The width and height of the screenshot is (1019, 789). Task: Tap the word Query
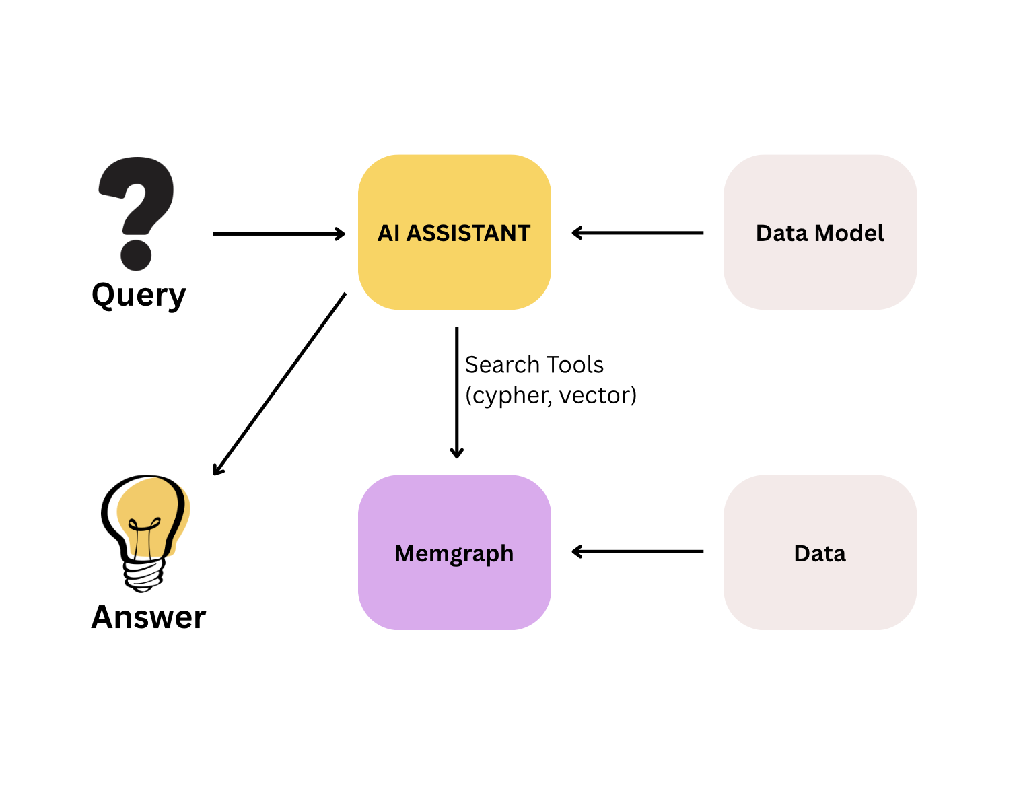[139, 295]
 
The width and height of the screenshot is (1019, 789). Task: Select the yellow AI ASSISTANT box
[454, 269]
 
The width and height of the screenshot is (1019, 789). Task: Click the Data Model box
[820, 269]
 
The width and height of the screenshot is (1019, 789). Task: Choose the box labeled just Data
[820, 586]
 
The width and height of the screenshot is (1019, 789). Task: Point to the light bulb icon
[145, 518]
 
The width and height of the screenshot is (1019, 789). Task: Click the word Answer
[148, 617]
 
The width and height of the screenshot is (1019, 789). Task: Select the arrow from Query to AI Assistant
[279, 234]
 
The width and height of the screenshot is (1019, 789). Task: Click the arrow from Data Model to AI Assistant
[637, 233]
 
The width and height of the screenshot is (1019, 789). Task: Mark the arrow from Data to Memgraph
[637, 552]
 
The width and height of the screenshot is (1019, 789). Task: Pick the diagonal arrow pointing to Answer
[279, 384]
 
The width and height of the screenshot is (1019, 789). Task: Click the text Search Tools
[534, 365]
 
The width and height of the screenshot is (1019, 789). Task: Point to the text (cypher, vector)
[551, 395]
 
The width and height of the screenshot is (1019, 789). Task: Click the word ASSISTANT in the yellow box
[468, 233]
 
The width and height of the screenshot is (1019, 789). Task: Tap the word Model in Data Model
[851, 233]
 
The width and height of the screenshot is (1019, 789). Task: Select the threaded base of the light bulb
[143, 576]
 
